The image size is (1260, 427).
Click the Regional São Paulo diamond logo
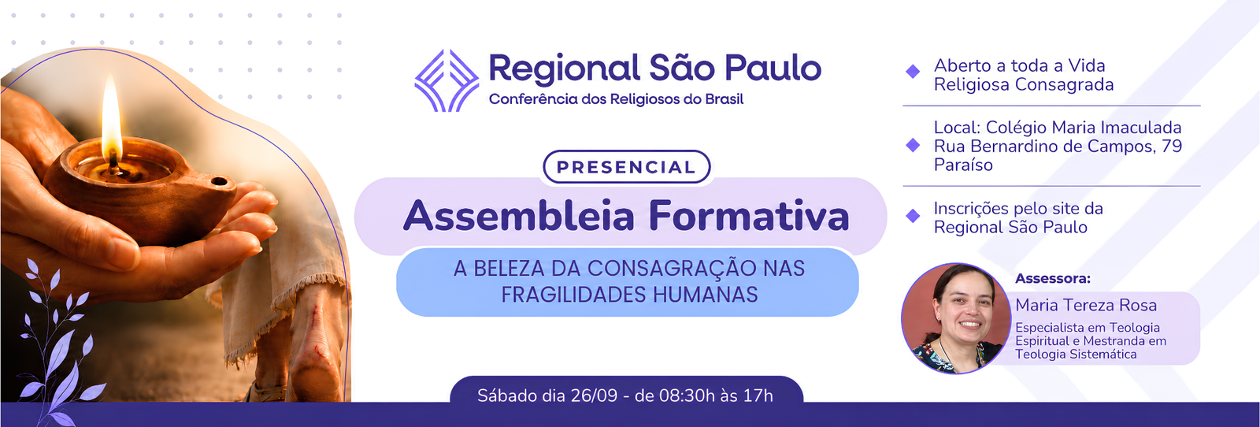(x=447, y=80)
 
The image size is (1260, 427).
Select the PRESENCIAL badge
(x=627, y=166)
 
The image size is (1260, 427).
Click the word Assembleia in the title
(x=519, y=216)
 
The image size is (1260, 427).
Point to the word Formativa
(x=749, y=216)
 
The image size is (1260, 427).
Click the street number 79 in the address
(x=1172, y=147)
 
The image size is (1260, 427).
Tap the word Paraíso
(x=963, y=165)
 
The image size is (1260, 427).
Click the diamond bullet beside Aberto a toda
(x=913, y=72)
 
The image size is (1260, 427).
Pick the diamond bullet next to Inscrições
(x=913, y=216)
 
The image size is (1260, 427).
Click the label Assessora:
(x=1052, y=278)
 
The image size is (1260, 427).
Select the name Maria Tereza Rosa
(x=1086, y=305)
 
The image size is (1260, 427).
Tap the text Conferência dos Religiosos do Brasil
(x=616, y=99)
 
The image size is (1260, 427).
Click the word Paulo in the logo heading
(x=773, y=68)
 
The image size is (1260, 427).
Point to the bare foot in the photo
(x=316, y=349)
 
